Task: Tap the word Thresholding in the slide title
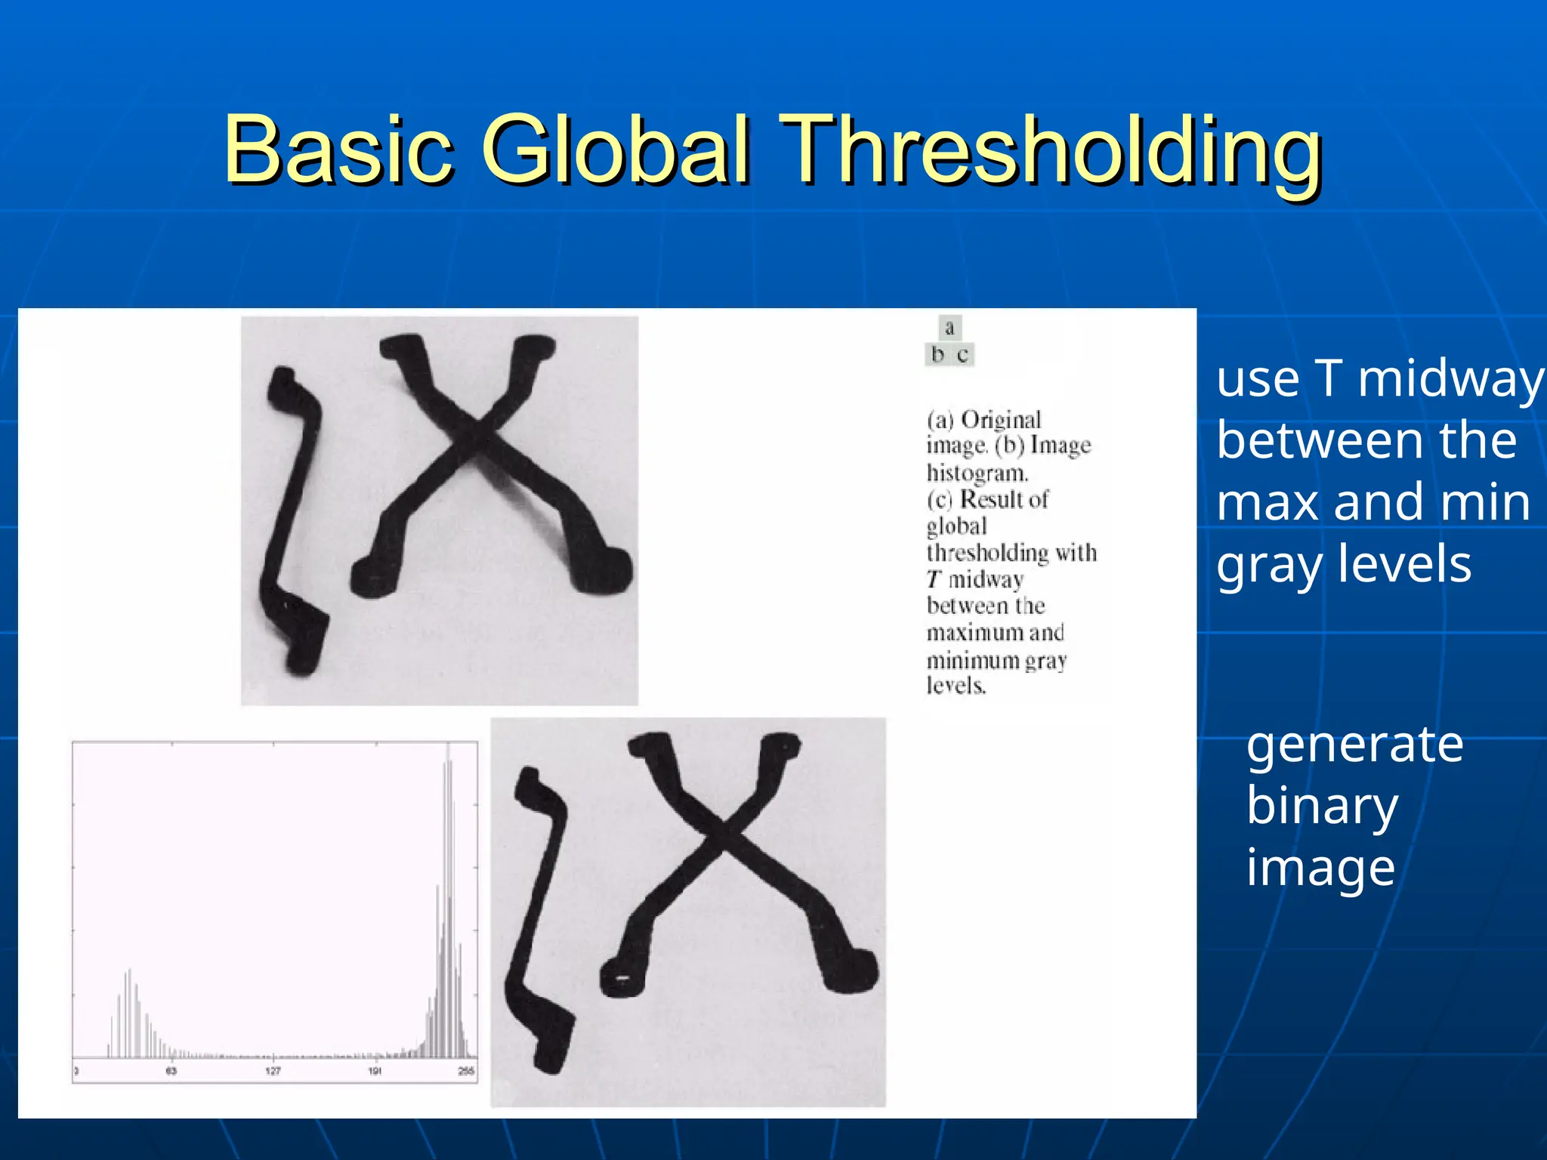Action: pyautogui.click(x=1050, y=151)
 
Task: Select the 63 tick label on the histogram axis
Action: pyautogui.click(x=171, y=1071)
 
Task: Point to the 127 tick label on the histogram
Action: pyautogui.click(x=273, y=1071)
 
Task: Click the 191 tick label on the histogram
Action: pyautogui.click(x=375, y=1071)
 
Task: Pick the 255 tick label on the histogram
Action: pyautogui.click(x=466, y=1071)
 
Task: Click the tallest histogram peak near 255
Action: pyautogui.click(x=448, y=831)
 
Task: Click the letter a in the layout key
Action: pyautogui.click(x=950, y=328)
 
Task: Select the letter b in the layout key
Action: pyautogui.click(x=937, y=354)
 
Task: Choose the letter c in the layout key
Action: pyautogui.click(x=962, y=354)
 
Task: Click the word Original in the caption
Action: pyautogui.click(x=1001, y=420)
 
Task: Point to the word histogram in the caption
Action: pyautogui.click(x=977, y=474)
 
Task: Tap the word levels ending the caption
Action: pyautogui.click(x=956, y=686)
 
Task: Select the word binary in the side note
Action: pyautogui.click(x=1322, y=807)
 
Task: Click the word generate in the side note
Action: pyautogui.click(x=1355, y=745)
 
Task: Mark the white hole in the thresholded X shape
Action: pyautogui.click(x=622, y=978)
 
